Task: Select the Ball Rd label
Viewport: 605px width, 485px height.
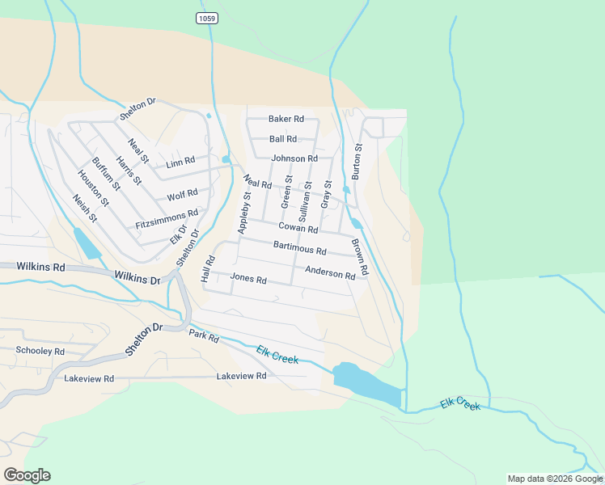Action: (x=283, y=139)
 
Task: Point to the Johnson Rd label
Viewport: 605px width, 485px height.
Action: (x=294, y=158)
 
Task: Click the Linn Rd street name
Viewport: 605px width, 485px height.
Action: (x=180, y=162)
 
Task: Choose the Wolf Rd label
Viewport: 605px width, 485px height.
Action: (x=182, y=194)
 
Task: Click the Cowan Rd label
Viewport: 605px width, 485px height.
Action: (x=298, y=229)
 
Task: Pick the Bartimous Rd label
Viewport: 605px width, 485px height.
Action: (x=299, y=247)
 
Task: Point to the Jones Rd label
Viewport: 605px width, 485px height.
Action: (x=248, y=279)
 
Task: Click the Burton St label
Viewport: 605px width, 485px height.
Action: (x=357, y=162)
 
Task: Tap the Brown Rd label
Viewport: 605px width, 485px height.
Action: (x=359, y=257)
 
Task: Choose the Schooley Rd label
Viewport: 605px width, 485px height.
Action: (x=40, y=351)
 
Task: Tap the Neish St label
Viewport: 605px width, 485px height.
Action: (x=84, y=209)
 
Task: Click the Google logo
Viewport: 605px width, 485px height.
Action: (x=27, y=475)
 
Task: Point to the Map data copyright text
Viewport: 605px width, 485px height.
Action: (x=554, y=479)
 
